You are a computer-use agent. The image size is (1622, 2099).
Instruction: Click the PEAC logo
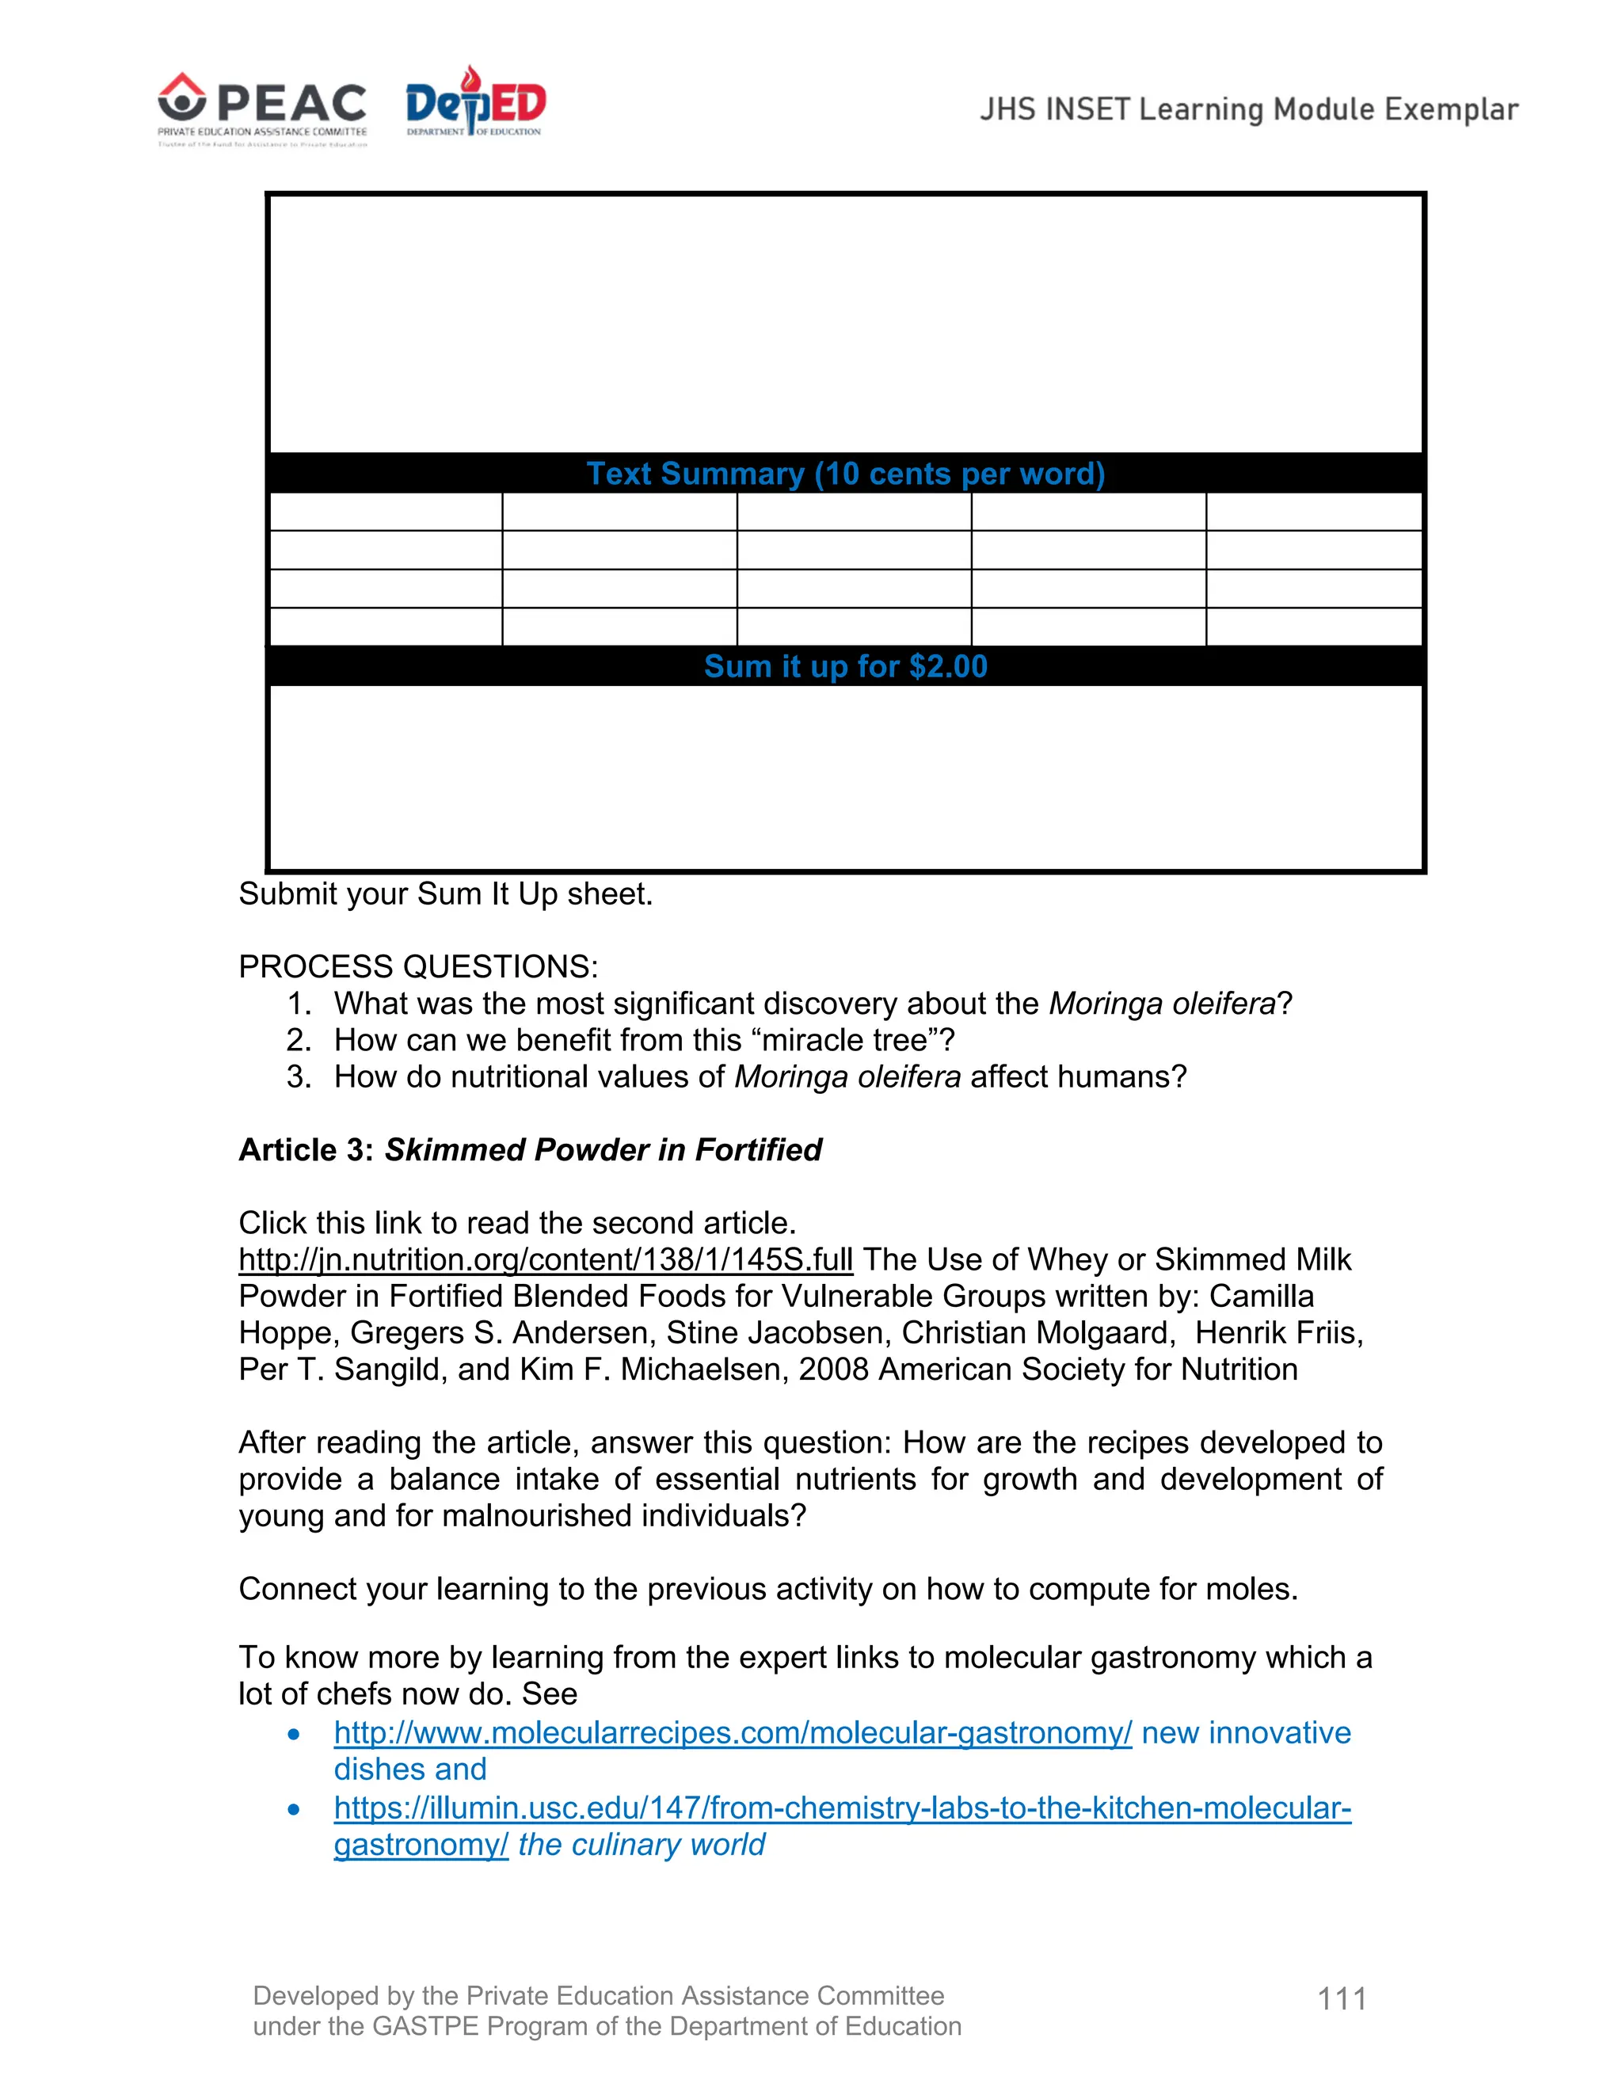click(262, 109)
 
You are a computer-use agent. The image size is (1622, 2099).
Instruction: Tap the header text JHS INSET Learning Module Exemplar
click(1248, 109)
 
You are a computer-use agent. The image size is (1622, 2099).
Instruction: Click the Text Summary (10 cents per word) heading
click(846, 474)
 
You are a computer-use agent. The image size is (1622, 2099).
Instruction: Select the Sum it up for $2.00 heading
click(846, 666)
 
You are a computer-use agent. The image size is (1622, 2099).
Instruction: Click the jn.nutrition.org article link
click(545, 1259)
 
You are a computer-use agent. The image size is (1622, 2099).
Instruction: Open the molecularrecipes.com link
click(733, 1731)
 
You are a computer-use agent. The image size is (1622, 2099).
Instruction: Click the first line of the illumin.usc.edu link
click(842, 1807)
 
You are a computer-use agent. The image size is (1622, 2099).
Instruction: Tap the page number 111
click(1342, 1998)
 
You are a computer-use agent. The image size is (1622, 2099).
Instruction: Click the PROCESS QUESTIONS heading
click(418, 966)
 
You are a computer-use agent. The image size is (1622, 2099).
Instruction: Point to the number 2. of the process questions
click(299, 1040)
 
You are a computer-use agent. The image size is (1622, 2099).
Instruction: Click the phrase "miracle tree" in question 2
click(847, 1040)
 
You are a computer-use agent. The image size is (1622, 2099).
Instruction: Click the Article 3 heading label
click(306, 1149)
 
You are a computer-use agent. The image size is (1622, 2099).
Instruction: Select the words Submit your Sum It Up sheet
click(445, 893)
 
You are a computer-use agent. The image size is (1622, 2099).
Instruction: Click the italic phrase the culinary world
click(641, 1844)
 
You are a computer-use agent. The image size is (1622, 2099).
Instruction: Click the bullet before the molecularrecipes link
click(294, 1734)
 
